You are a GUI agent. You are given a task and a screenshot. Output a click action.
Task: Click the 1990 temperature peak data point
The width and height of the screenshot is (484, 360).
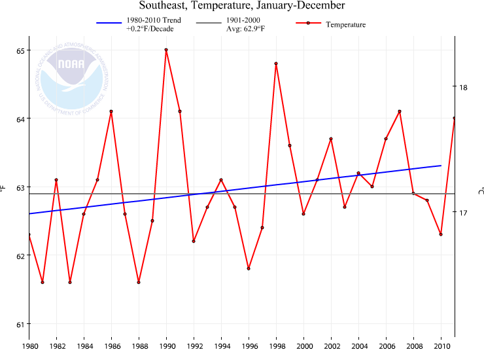tap(166, 50)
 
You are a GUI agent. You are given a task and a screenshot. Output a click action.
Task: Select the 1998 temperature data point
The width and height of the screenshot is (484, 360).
tap(276, 63)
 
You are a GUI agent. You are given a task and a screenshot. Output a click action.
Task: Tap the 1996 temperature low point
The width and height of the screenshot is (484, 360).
tap(249, 268)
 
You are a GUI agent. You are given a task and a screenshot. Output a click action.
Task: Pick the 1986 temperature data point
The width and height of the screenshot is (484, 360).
tap(111, 111)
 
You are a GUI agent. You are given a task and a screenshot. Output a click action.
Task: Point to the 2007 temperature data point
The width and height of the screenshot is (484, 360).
tap(400, 111)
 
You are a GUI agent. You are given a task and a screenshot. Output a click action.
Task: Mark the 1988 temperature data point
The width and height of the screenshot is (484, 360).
tap(139, 282)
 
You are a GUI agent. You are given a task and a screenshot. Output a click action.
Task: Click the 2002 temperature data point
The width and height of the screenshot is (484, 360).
tap(331, 139)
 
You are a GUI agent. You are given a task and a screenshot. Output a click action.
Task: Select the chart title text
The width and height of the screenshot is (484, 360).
tap(242, 6)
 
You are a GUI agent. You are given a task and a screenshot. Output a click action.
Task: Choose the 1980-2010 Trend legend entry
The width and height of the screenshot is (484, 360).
tap(139, 25)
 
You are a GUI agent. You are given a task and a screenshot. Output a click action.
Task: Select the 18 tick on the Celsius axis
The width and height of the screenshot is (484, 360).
tap(463, 87)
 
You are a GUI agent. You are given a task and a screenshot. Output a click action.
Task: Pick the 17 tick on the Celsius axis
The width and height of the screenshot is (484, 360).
tap(463, 213)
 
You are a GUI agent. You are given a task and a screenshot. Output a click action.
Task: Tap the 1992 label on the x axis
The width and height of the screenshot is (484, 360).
tap(194, 346)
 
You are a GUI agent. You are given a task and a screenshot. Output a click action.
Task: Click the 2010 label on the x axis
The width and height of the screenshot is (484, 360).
tap(441, 346)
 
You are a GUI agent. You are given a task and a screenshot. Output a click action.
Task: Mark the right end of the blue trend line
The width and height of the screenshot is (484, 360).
tap(441, 166)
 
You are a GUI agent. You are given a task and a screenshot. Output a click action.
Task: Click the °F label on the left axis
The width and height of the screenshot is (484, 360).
tap(3, 189)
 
